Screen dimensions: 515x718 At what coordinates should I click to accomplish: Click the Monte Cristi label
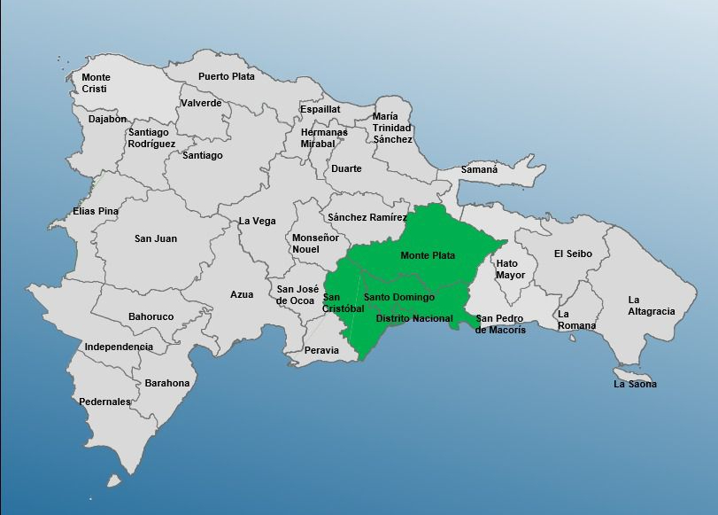[96, 83]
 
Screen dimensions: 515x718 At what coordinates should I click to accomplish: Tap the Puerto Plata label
[226, 76]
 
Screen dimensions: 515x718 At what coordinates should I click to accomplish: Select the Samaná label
[479, 169]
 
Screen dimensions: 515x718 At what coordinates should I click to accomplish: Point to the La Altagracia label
[651, 305]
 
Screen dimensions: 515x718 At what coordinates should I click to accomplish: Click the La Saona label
[635, 384]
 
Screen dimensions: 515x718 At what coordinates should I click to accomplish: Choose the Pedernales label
[104, 402]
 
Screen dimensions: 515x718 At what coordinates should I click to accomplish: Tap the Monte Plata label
[428, 255]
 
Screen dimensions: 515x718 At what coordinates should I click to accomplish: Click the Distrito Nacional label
[413, 318]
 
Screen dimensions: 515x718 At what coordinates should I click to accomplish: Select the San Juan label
[156, 238]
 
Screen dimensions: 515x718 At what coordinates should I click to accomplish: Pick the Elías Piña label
[96, 211]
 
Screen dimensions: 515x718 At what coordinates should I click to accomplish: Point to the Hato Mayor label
[510, 269]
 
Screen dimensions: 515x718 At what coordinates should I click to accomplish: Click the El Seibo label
[573, 254]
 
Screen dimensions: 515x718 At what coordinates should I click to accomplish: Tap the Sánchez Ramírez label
[367, 217]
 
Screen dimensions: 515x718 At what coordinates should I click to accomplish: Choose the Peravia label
[320, 350]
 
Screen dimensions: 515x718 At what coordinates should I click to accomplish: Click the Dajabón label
[107, 119]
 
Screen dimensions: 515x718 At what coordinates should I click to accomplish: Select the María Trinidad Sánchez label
[391, 128]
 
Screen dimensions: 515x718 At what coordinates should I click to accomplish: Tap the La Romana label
[575, 320]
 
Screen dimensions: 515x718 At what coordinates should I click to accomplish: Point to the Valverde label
[201, 103]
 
